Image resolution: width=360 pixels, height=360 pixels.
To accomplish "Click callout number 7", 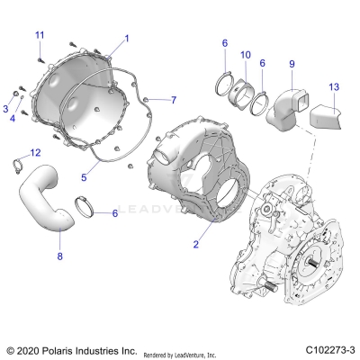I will [174, 99].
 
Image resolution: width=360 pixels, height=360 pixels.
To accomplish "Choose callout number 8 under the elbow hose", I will [59, 256].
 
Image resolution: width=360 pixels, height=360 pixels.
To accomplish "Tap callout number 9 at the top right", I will [291, 63].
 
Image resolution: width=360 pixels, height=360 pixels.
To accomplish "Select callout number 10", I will [245, 56].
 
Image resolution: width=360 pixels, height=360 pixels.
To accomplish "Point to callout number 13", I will [333, 86].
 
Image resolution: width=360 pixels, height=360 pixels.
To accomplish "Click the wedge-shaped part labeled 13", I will [326, 115].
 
